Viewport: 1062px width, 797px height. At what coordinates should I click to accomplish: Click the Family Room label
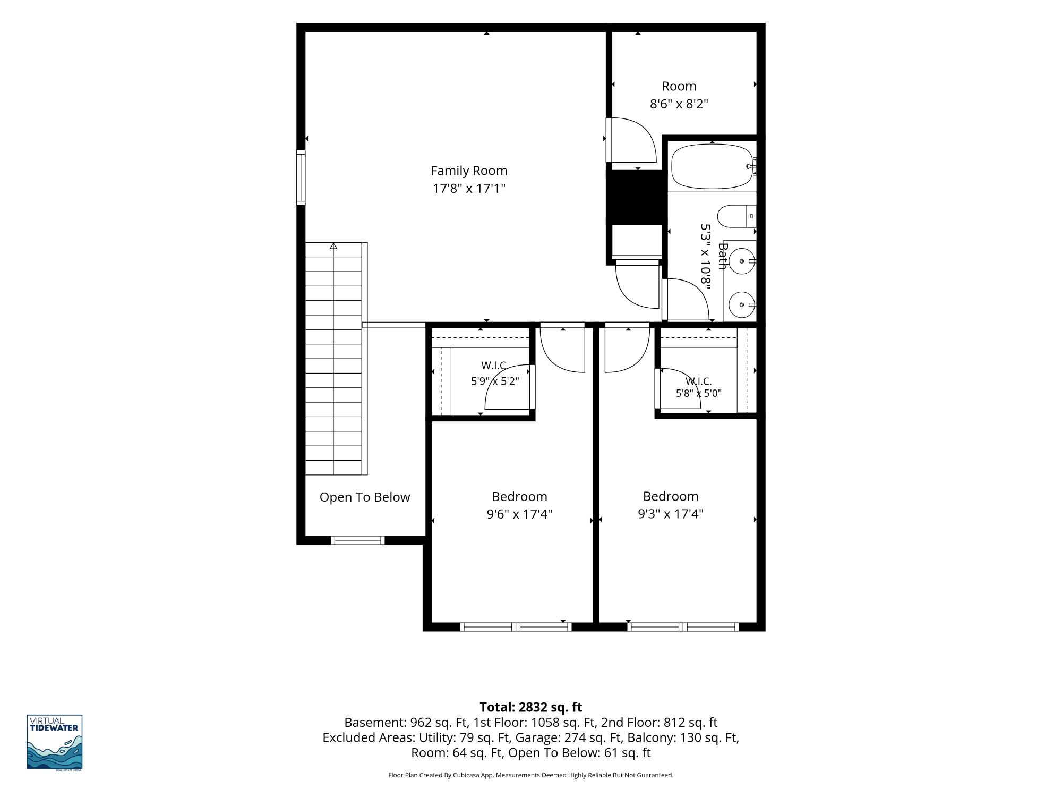pyautogui.click(x=469, y=171)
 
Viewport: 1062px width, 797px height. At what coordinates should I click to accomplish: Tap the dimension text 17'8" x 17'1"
pyautogui.click(x=469, y=189)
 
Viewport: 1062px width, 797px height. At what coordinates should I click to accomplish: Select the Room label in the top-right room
pyautogui.click(x=679, y=86)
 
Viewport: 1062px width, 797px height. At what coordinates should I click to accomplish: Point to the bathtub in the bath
pyautogui.click(x=712, y=166)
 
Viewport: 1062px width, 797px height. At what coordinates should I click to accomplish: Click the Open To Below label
pyautogui.click(x=365, y=497)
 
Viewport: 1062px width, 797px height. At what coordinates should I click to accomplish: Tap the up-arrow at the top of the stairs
pyautogui.click(x=333, y=246)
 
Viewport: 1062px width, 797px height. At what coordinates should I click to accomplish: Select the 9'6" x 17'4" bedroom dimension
pyautogui.click(x=519, y=514)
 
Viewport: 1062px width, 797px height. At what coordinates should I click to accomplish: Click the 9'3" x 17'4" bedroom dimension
pyautogui.click(x=671, y=514)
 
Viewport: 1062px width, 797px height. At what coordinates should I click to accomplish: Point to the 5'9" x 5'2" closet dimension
pyautogui.click(x=495, y=381)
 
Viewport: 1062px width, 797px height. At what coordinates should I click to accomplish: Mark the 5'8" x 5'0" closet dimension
pyautogui.click(x=698, y=394)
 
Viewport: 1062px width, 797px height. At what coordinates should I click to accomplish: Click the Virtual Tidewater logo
pyautogui.click(x=55, y=742)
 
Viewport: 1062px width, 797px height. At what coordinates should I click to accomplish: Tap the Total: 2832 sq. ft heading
pyautogui.click(x=531, y=707)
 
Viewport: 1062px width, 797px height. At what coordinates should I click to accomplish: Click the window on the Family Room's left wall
pyautogui.click(x=301, y=177)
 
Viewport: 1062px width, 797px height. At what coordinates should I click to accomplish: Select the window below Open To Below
pyautogui.click(x=357, y=540)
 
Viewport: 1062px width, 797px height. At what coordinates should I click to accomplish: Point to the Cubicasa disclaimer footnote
pyautogui.click(x=531, y=775)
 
